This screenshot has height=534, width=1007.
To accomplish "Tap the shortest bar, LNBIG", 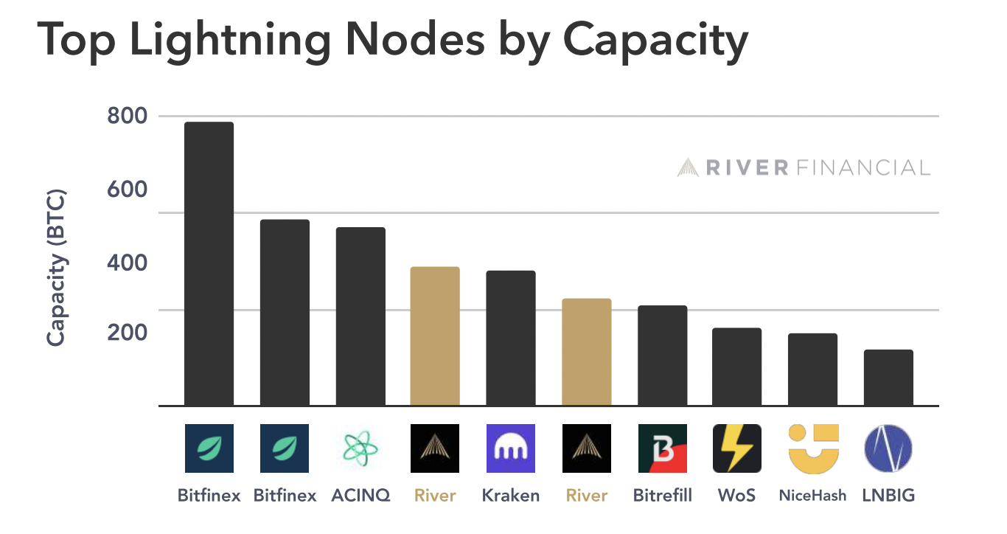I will (888, 377).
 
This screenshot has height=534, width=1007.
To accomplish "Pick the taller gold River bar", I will (435, 336).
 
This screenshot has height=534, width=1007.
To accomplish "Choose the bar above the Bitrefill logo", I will (662, 355).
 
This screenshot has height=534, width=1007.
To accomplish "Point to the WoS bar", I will (736, 367).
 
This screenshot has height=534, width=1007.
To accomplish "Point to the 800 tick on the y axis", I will (128, 117).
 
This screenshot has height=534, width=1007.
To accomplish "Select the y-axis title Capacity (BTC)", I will (57, 268).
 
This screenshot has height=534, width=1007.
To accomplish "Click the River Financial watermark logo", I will (804, 167).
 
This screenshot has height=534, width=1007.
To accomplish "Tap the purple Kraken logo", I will (511, 448).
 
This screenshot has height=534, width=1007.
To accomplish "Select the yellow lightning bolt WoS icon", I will (736, 448).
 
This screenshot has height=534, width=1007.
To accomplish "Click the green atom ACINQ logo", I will (360, 448).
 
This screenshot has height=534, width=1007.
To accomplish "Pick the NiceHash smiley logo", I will (813, 448).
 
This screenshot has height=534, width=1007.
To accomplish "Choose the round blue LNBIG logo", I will (888, 448).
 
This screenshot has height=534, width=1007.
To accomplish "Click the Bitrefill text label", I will (663, 495).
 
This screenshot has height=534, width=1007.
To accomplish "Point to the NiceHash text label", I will (813, 495).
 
